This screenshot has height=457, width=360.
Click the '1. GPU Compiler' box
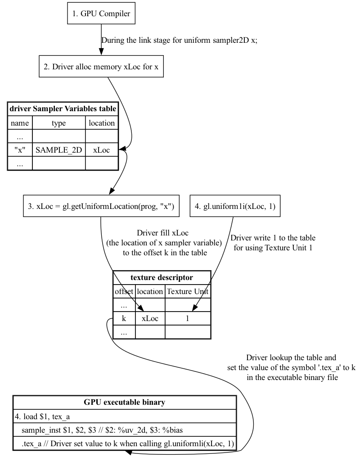(x=101, y=14)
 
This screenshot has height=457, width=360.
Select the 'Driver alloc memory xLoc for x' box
(x=101, y=67)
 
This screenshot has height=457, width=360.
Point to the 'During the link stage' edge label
(x=179, y=40)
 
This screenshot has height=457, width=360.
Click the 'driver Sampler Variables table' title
(x=63, y=109)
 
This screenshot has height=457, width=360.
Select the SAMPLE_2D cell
(x=58, y=150)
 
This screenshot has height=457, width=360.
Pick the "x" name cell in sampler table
(x=20, y=150)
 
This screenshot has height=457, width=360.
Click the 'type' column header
(x=58, y=123)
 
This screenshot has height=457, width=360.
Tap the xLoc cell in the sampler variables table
(x=102, y=150)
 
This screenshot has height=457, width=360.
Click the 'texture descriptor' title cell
(x=162, y=277)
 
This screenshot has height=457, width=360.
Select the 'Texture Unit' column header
(x=188, y=291)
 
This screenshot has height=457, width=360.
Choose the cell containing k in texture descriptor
(x=124, y=318)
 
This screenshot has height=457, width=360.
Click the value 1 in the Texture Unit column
(x=188, y=318)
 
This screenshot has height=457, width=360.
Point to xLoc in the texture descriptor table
(x=150, y=318)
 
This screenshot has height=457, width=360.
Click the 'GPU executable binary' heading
(x=124, y=402)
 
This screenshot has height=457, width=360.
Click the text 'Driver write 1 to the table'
(x=273, y=238)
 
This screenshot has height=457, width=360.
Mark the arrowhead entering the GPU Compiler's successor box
(x=101, y=55)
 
